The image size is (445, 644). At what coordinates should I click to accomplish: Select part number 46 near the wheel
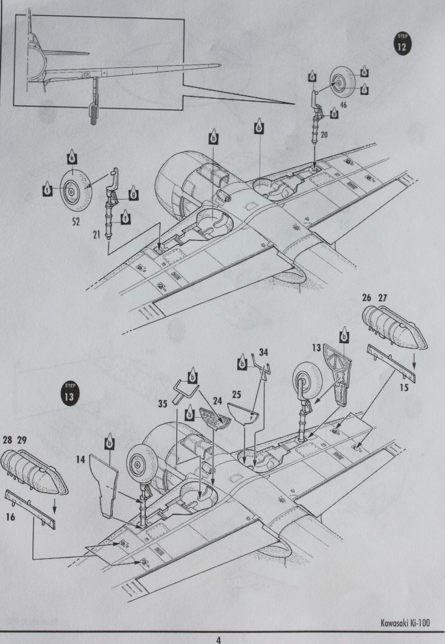343,105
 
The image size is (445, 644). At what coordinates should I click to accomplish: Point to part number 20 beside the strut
324,135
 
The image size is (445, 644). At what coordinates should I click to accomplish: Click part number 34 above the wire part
263,352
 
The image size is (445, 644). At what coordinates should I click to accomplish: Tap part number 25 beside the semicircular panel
237,395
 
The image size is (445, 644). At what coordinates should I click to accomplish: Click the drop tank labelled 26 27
394,329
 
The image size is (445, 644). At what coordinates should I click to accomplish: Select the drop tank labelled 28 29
35,472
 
